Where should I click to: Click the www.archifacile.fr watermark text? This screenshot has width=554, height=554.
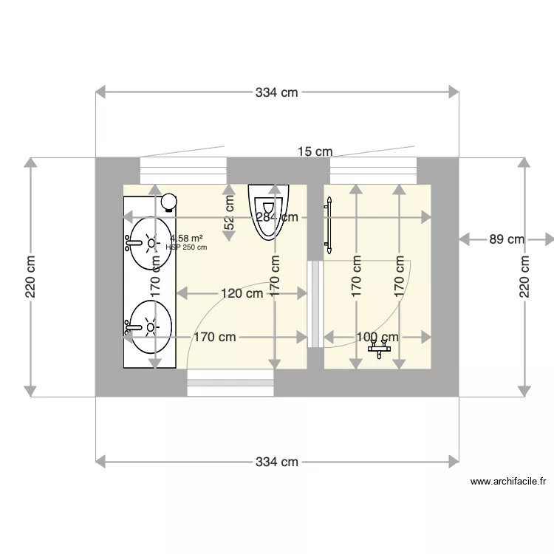coord(508,482)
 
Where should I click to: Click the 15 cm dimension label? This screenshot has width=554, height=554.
coord(315,151)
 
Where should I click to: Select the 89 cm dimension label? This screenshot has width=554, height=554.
coord(506,239)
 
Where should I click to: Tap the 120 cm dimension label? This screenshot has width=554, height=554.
coord(242,293)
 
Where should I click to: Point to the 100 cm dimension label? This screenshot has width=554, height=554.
coord(377,337)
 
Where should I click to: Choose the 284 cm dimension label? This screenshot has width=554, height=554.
coord(277,217)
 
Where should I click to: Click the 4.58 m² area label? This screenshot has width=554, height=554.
coord(186,239)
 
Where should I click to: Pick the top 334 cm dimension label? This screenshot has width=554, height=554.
coord(277,92)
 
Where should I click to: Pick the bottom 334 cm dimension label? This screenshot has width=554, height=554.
coord(277,462)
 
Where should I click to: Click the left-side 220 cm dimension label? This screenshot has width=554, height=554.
coord(30,277)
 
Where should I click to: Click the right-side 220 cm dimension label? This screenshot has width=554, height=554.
coord(525,277)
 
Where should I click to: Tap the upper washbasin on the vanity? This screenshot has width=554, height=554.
coord(150,242)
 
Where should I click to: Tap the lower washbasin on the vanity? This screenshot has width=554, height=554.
coord(150,325)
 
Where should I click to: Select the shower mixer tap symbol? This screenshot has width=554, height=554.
coord(381,347)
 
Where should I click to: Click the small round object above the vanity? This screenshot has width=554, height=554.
coord(170,200)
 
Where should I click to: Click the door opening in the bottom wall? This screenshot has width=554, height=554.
coord(230,381)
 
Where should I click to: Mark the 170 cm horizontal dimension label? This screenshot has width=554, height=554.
coord(215,337)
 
